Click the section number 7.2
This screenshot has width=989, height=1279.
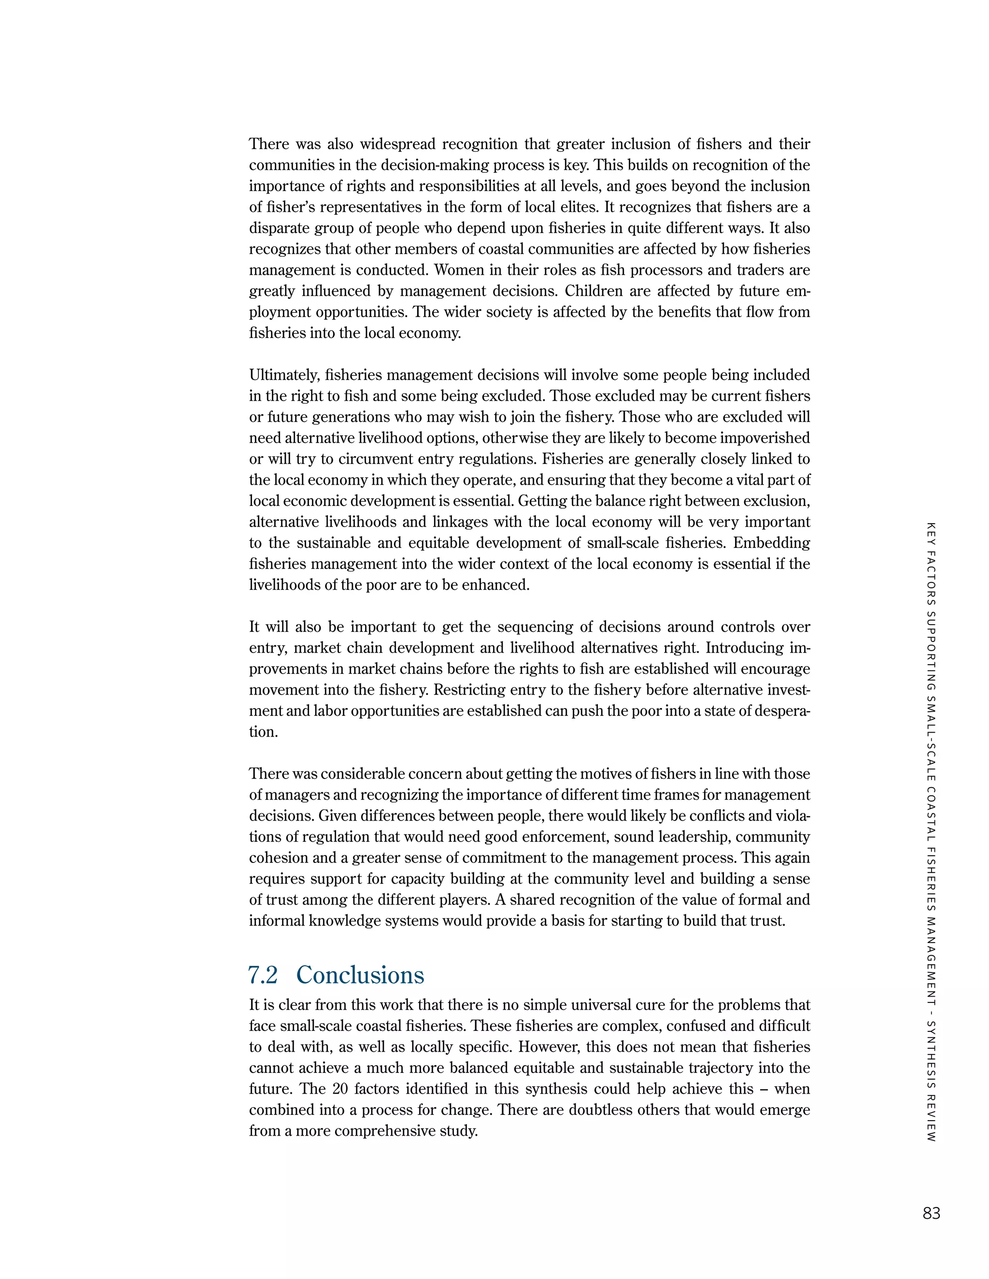tap(263, 975)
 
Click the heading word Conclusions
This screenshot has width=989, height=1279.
tap(360, 975)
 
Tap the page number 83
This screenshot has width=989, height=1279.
tap(931, 1213)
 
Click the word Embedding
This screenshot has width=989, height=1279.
tap(772, 543)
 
